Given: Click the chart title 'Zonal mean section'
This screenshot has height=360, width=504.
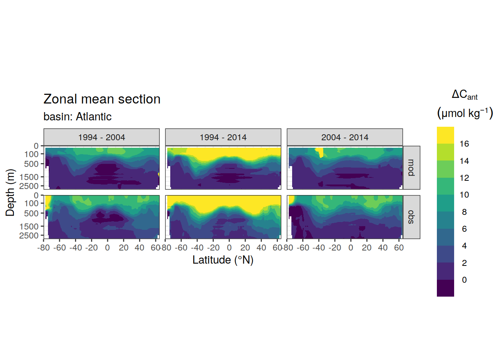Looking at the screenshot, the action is [102, 99].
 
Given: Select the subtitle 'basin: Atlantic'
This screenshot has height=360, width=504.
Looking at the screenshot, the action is [77, 117].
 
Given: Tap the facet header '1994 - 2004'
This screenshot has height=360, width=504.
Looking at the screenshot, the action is [102, 137].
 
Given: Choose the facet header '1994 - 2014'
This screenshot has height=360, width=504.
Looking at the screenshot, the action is [223, 137].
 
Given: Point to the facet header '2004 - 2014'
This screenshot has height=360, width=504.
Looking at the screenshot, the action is [345, 137].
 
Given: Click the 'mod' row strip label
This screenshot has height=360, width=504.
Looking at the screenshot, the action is [411, 168].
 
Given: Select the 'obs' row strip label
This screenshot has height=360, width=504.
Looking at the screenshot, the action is [411, 217].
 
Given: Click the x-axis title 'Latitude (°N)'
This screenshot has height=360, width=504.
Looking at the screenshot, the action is [223, 260].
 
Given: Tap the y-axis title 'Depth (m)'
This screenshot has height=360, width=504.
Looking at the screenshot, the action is [10, 193].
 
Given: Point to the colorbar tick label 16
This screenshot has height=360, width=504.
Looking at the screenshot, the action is [464, 144].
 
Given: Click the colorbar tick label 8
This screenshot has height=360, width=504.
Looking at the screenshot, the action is [464, 212].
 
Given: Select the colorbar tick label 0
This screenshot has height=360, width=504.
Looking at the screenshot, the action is [464, 280].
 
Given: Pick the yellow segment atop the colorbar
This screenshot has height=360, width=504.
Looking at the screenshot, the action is [445, 135].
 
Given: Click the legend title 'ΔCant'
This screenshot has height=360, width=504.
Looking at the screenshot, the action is [465, 95].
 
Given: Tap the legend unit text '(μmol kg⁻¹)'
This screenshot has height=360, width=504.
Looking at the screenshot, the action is [465, 113].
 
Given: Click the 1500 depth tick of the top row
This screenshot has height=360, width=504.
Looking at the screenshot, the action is [29, 177].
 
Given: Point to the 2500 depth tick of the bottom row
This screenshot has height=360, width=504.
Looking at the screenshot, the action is [29, 235].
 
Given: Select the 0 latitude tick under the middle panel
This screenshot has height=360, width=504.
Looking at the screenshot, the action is [229, 248].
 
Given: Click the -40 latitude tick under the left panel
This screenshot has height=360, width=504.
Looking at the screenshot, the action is [75, 248].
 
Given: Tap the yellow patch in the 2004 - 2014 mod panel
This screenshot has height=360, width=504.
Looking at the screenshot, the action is [319, 152].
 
